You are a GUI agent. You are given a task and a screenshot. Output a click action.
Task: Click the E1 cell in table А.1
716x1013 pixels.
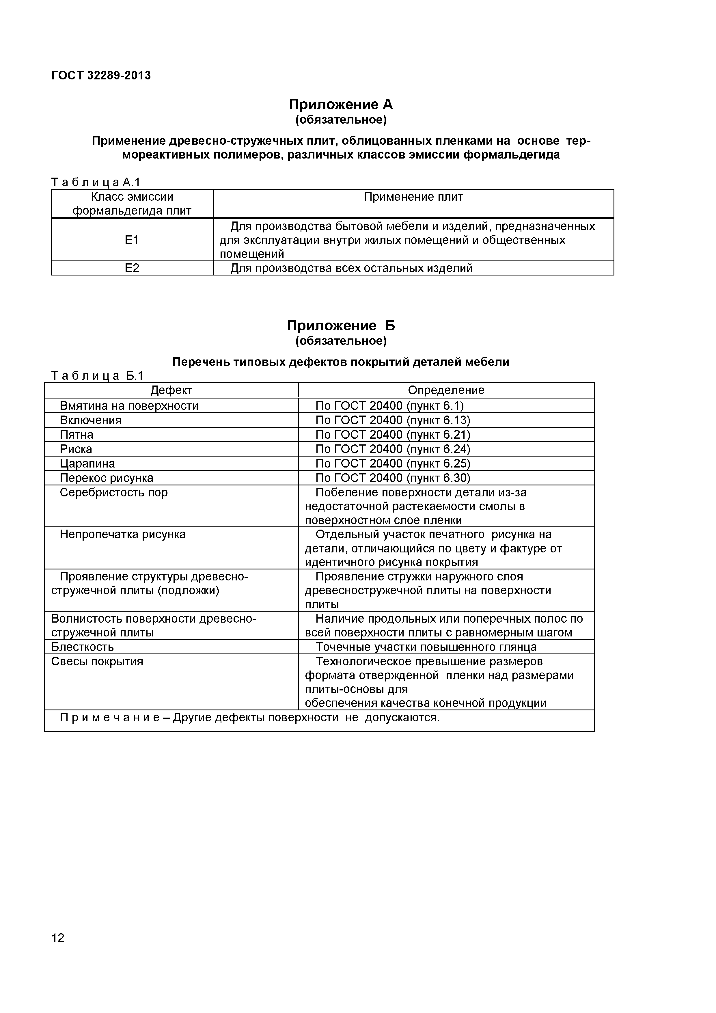click(x=132, y=240)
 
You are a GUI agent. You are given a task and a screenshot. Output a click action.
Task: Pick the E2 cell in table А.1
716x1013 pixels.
click(x=132, y=268)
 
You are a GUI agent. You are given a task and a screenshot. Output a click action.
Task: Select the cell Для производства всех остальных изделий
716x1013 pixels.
click(x=351, y=268)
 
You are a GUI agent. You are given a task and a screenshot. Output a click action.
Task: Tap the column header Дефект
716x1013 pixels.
click(x=171, y=390)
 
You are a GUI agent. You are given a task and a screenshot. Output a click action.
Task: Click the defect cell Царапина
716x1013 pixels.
click(x=87, y=463)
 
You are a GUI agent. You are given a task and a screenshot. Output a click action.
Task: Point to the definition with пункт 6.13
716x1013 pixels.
click(x=393, y=420)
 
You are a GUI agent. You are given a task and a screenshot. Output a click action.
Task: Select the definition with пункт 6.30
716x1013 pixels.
click(x=393, y=478)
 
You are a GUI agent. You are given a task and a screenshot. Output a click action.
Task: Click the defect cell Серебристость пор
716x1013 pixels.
click(x=114, y=492)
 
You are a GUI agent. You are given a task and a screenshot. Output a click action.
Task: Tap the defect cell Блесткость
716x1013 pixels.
click(x=83, y=647)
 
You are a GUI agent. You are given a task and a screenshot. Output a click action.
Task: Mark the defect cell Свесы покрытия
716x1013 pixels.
click(x=97, y=661)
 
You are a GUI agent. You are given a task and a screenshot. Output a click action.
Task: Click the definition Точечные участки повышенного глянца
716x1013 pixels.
click(x=426, y=647)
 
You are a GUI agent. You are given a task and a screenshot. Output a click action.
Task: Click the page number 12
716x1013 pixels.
click(x=58, y=950)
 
